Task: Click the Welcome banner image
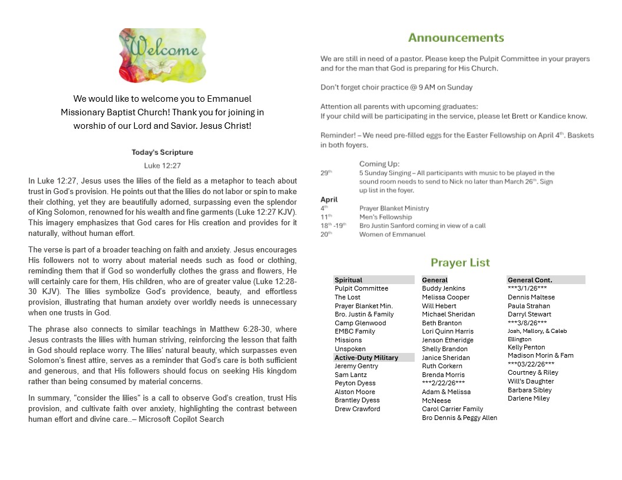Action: pyautogui.click(x=162, y=55)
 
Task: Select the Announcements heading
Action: pyautogui.click(x=456, y=38)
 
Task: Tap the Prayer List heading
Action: pyautogui.click(x=460, y=263)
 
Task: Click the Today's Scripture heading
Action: pyautogui.click(x=162, y=152)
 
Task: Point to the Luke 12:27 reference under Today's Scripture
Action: pyautogui.click(x=162, y=166)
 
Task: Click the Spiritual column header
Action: pyautogui.click(x=349, y=280)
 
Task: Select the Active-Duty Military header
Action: pyautogui.click(x=366, y=358)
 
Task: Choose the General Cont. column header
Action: pyautogui.click(x=530, y=280)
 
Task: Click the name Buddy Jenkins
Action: pyautogui.click(x=444, y=288)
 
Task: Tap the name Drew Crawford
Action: pyautogui.click(x=358, y=409)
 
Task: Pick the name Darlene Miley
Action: pyautogui.click(x=529, y=398)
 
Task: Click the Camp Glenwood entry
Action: pyautogui.click(x=360, y=323)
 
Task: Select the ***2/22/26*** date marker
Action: pyautogui.click(x=444, y=383)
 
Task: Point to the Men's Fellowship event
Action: pyautogui.click(x=386, y=217)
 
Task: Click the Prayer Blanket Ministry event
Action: pyautogui.click(x=394, y=208)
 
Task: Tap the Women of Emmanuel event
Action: pyautogui.click(x=392, y=234)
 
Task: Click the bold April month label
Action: pyautogui.click(x=329, y=199)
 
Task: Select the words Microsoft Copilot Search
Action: pyautogui.click(x=181, y=419)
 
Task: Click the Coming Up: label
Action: pyautogui.click(x=379, y=164)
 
